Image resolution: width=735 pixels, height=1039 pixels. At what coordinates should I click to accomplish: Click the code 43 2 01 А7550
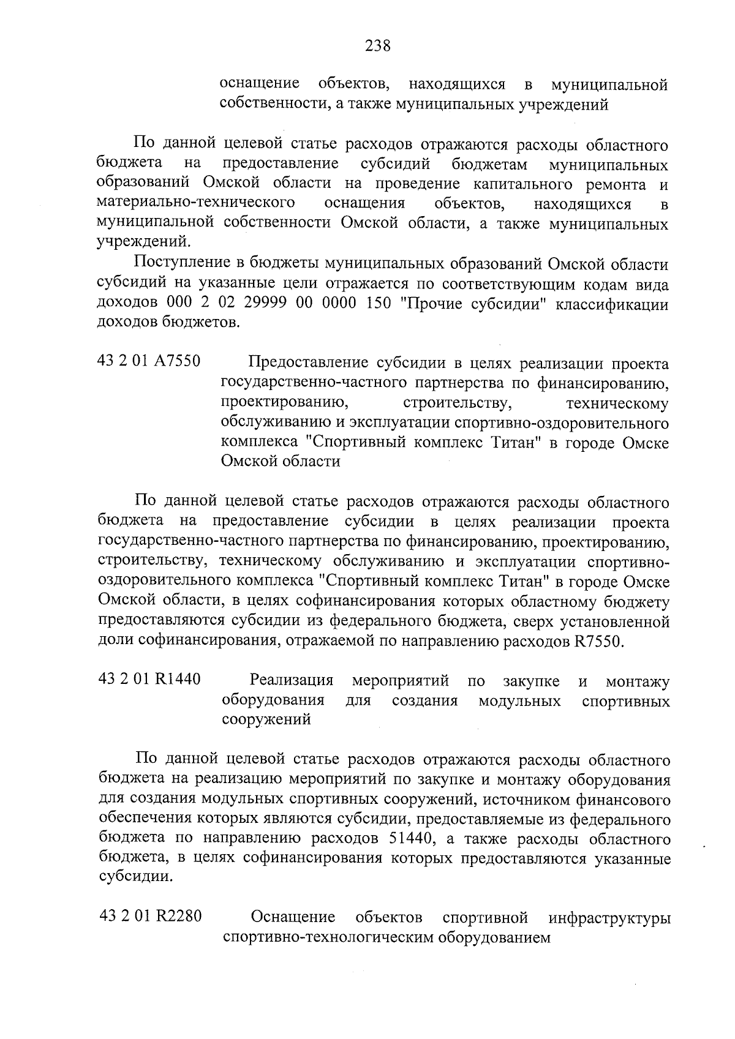[149, 361]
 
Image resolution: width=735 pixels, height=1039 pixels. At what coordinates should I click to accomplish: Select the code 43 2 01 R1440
[149, 680]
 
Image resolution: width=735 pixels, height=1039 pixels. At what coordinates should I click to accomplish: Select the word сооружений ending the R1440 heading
[266, 720]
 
